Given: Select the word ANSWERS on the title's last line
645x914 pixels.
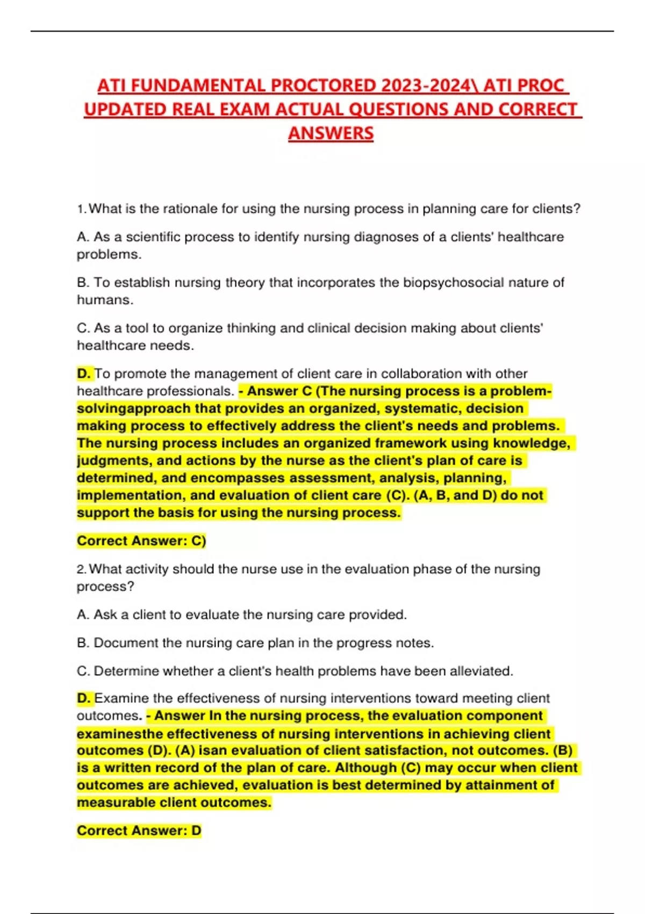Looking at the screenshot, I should click(x=331, y=133).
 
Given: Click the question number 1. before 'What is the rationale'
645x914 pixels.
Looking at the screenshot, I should click(x=82, y=209).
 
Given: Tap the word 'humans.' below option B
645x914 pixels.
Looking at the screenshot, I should click(x=105, y=300).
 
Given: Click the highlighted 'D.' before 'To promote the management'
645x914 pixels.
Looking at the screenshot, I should click(x=84, y=374).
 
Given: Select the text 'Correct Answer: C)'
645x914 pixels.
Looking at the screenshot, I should click(x=141, y=541).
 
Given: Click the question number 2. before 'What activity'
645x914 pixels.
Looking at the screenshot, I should click(x=82, y=569).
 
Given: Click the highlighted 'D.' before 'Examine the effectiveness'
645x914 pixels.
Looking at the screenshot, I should click(x=84, y=698).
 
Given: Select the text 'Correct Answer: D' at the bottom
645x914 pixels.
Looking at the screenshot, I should click(x=139, y=831).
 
